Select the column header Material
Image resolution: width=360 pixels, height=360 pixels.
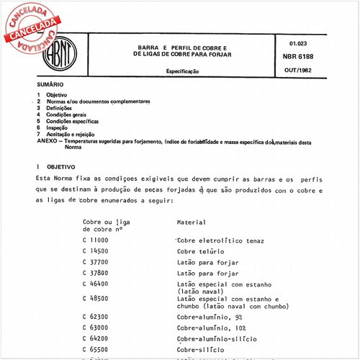coord(192,222)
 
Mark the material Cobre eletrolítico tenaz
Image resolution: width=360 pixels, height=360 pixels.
coord(220,239)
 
